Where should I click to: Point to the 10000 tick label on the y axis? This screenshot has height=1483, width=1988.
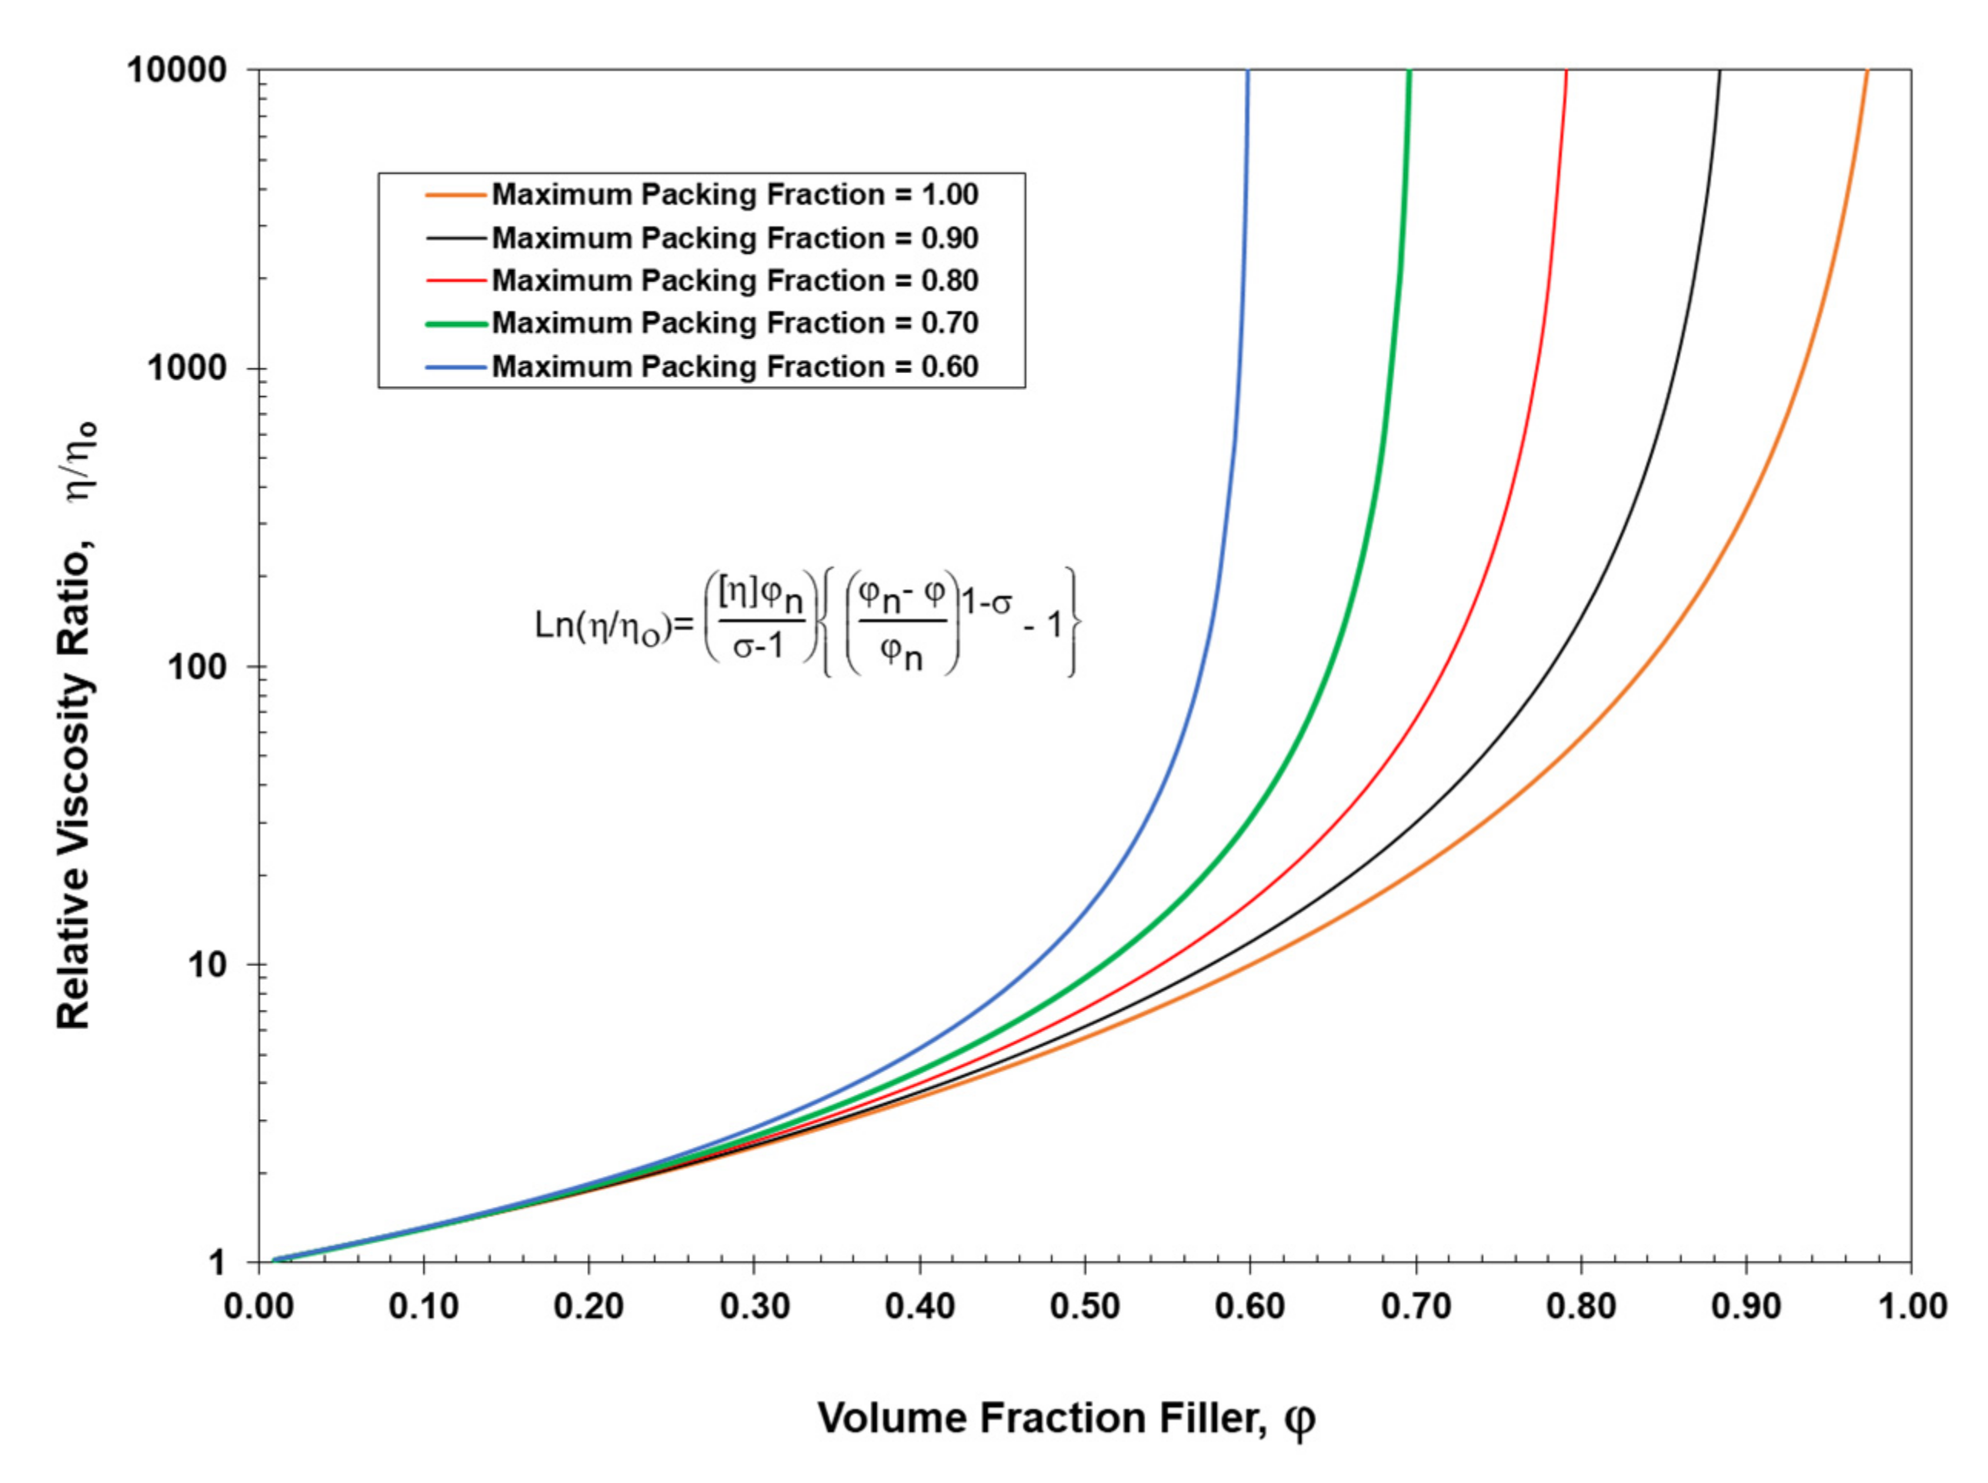(x=177, y=70)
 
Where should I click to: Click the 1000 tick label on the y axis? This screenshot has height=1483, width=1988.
(x=187, y=368)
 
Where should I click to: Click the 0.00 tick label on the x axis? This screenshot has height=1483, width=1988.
(x=259, y=1306)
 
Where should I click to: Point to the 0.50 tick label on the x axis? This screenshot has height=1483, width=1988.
(x=1085, y=1306)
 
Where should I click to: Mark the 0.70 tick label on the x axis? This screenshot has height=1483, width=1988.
(x=1415, y=1306)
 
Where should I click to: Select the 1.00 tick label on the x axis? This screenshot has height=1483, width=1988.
(x=1911, y=1306)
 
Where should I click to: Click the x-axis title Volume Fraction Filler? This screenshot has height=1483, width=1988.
(x=1066, y=1419)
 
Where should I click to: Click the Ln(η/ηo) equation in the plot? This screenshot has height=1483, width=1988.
(x=806, y=622)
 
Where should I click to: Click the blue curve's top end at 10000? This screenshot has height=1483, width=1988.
(x=1247, y=72)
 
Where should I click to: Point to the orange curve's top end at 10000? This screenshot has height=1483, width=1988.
(x=1866, y=72)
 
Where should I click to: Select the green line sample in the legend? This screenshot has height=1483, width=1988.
(x=457, y=323)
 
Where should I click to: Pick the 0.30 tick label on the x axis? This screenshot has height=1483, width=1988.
(x=754, y=1306)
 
